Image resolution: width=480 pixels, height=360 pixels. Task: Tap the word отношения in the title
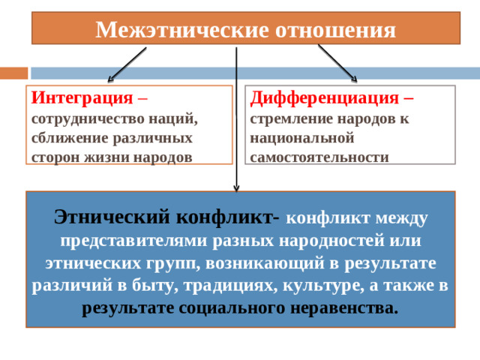click(335, 31)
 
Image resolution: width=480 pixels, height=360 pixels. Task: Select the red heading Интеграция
click(82, 98)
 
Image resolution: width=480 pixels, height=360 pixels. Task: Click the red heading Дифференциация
click(325, 98)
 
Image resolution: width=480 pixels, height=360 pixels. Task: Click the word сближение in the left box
click(70, 138)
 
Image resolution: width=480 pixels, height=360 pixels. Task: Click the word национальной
click(302, 138)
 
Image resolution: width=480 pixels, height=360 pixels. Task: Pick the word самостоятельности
click(319, 157)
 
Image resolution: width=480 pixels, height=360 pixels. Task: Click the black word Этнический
click(112, 217)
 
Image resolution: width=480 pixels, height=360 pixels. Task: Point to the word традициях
click(231, 286)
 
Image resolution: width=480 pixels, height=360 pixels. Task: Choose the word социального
click(232, 308)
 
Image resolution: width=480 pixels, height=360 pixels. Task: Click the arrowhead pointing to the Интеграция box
click(110, 79)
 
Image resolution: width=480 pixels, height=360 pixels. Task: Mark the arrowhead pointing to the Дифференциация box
click(355, 79)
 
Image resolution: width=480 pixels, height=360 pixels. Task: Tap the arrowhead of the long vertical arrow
click(236, 188)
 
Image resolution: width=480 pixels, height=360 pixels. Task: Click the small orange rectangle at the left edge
click(13, 73)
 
